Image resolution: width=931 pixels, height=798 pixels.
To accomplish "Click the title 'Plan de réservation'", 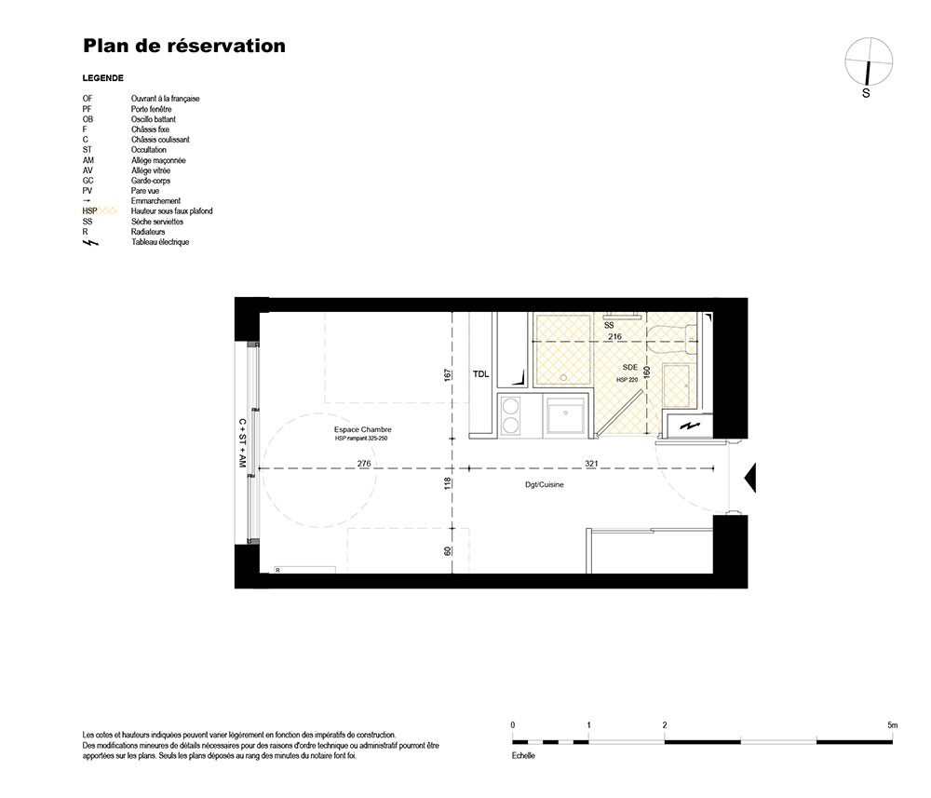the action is point(184,46).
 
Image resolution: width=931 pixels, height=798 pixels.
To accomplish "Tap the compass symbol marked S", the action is point(868,62).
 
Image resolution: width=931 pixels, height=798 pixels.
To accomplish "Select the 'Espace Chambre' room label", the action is point(363,429).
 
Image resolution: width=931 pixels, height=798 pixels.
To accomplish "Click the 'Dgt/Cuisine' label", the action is point(545,484).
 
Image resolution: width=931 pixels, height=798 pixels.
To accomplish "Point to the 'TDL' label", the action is point(481,374).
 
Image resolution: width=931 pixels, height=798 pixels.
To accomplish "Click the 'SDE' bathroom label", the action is point(630,368).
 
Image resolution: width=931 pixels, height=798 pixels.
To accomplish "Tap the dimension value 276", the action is point(364,463).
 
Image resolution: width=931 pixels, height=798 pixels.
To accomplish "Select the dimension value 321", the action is point(591,463).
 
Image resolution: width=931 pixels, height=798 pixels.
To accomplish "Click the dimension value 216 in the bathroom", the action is point(614,337).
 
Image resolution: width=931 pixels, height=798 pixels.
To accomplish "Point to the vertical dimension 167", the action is point(448,374).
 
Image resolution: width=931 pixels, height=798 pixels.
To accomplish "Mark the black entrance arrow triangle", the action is point(750,478).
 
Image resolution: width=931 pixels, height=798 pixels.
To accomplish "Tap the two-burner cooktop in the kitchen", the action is point(510,416).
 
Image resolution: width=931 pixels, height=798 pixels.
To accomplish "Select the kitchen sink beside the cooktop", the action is point(566,415).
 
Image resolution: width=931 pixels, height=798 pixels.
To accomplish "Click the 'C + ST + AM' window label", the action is point(242,443).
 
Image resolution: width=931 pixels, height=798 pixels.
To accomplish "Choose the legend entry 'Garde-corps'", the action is point(150,181).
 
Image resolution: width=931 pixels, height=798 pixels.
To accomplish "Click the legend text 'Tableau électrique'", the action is point(160,242).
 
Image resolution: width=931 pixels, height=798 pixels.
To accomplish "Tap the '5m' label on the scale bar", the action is point(893,725).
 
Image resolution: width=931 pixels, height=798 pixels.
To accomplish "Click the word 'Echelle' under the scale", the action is point(523,756).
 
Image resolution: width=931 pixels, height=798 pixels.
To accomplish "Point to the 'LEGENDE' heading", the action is point(102,78).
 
